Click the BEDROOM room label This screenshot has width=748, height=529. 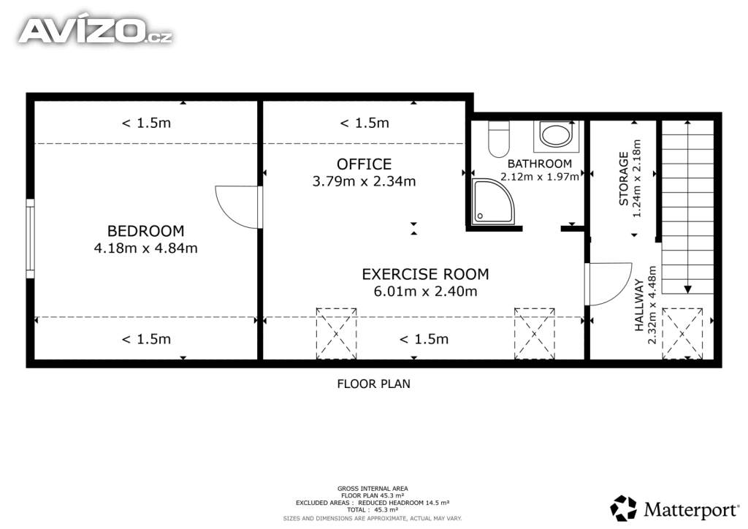[x=145, y=231]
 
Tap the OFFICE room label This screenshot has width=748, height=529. [x=364, y=164]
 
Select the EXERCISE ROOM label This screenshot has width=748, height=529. [x=426, y=274]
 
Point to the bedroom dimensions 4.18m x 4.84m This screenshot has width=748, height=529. [x=145, y=248]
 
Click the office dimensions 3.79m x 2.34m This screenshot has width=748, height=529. [x=364, y=181]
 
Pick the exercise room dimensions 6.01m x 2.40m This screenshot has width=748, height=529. [x=426, y=291]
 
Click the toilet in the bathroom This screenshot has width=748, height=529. [x=498, y=139]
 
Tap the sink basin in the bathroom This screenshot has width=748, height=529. [x=556, y=134]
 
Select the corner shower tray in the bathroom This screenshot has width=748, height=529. [x=493, y=202]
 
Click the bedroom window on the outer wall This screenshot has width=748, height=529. [x=30, y=238]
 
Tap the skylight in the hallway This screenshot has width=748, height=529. [x=682, y=333]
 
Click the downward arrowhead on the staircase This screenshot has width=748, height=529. [x=687, y=289]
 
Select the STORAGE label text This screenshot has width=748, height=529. [x=624, y=178]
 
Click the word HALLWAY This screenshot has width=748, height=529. [x=640, y=305]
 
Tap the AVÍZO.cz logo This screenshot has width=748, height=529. [x=96, y=31]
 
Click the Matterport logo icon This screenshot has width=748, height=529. [x=624, y=508]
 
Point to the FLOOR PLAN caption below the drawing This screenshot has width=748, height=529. [x=373, y=384]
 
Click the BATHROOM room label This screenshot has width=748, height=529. [x=540, y=164]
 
